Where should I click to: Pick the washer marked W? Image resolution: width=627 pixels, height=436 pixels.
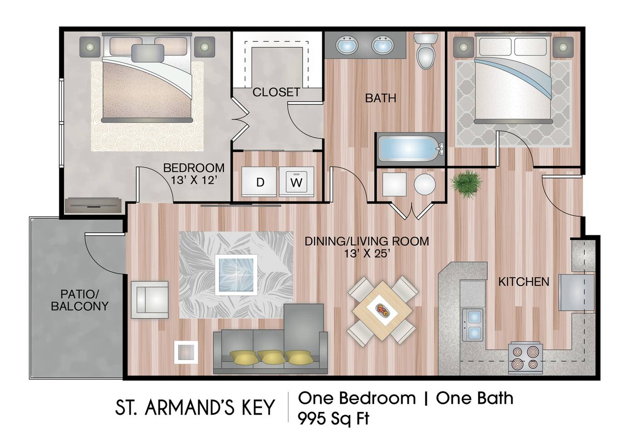click(296, 182)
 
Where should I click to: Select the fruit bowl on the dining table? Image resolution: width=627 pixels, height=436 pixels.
click(382, 311)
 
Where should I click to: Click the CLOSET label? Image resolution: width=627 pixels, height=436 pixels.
click(276, 92)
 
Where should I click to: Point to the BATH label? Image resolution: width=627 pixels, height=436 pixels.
click(380, 98)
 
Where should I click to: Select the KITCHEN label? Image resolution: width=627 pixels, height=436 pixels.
click(523, 282)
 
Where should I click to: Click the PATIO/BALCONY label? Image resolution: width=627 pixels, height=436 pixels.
click(79, 300)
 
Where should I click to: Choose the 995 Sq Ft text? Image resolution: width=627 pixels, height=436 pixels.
click(333, 418)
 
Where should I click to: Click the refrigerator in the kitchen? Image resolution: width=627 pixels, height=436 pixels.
click(576, 292)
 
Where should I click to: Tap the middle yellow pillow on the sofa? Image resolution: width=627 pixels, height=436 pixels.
click(271, 357)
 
